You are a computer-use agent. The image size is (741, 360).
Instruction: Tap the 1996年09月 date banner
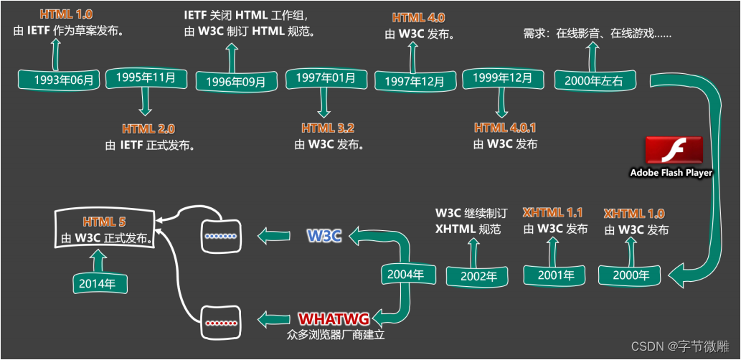[x=235, y=81]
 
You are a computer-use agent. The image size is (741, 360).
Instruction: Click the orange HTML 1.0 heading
[x=66, y=14]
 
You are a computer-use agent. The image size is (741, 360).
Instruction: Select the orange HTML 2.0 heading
[x=148, y=129]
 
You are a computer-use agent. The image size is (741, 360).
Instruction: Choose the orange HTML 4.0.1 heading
[x=505, y=128]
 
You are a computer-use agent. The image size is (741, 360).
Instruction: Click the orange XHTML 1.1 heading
[x=552, y=213]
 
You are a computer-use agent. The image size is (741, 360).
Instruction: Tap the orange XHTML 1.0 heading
[x=634, y=214]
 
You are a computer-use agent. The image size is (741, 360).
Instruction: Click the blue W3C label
[x=324, y=235]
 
